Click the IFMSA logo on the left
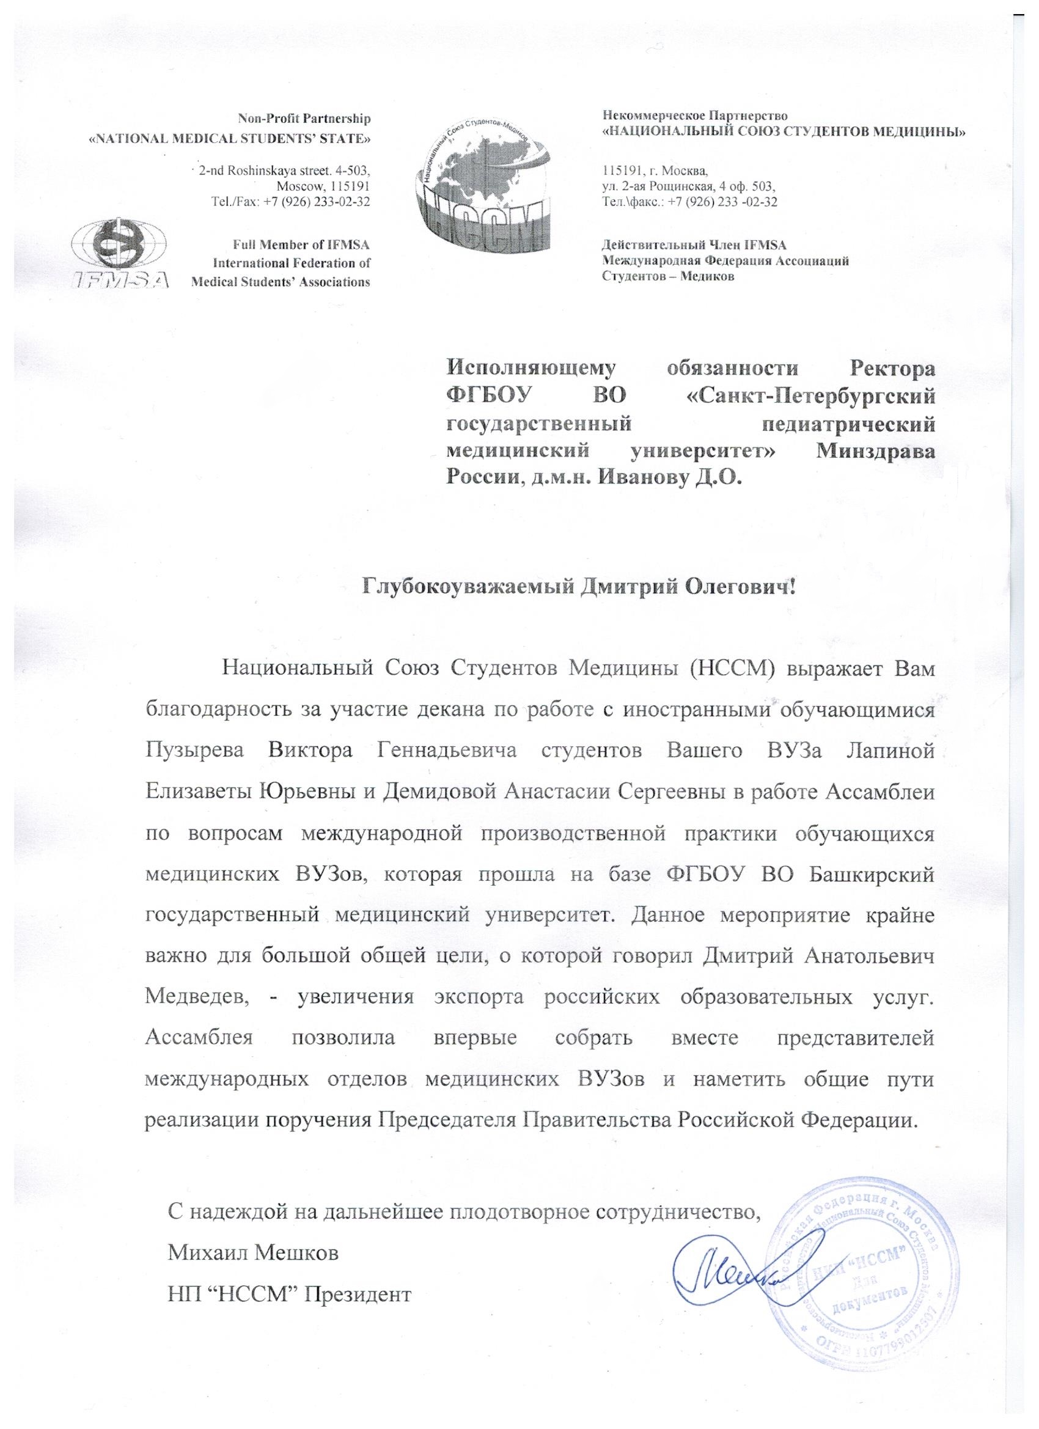click(120, 255)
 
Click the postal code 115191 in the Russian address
click(620, 170)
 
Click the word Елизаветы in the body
click(196, 792)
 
